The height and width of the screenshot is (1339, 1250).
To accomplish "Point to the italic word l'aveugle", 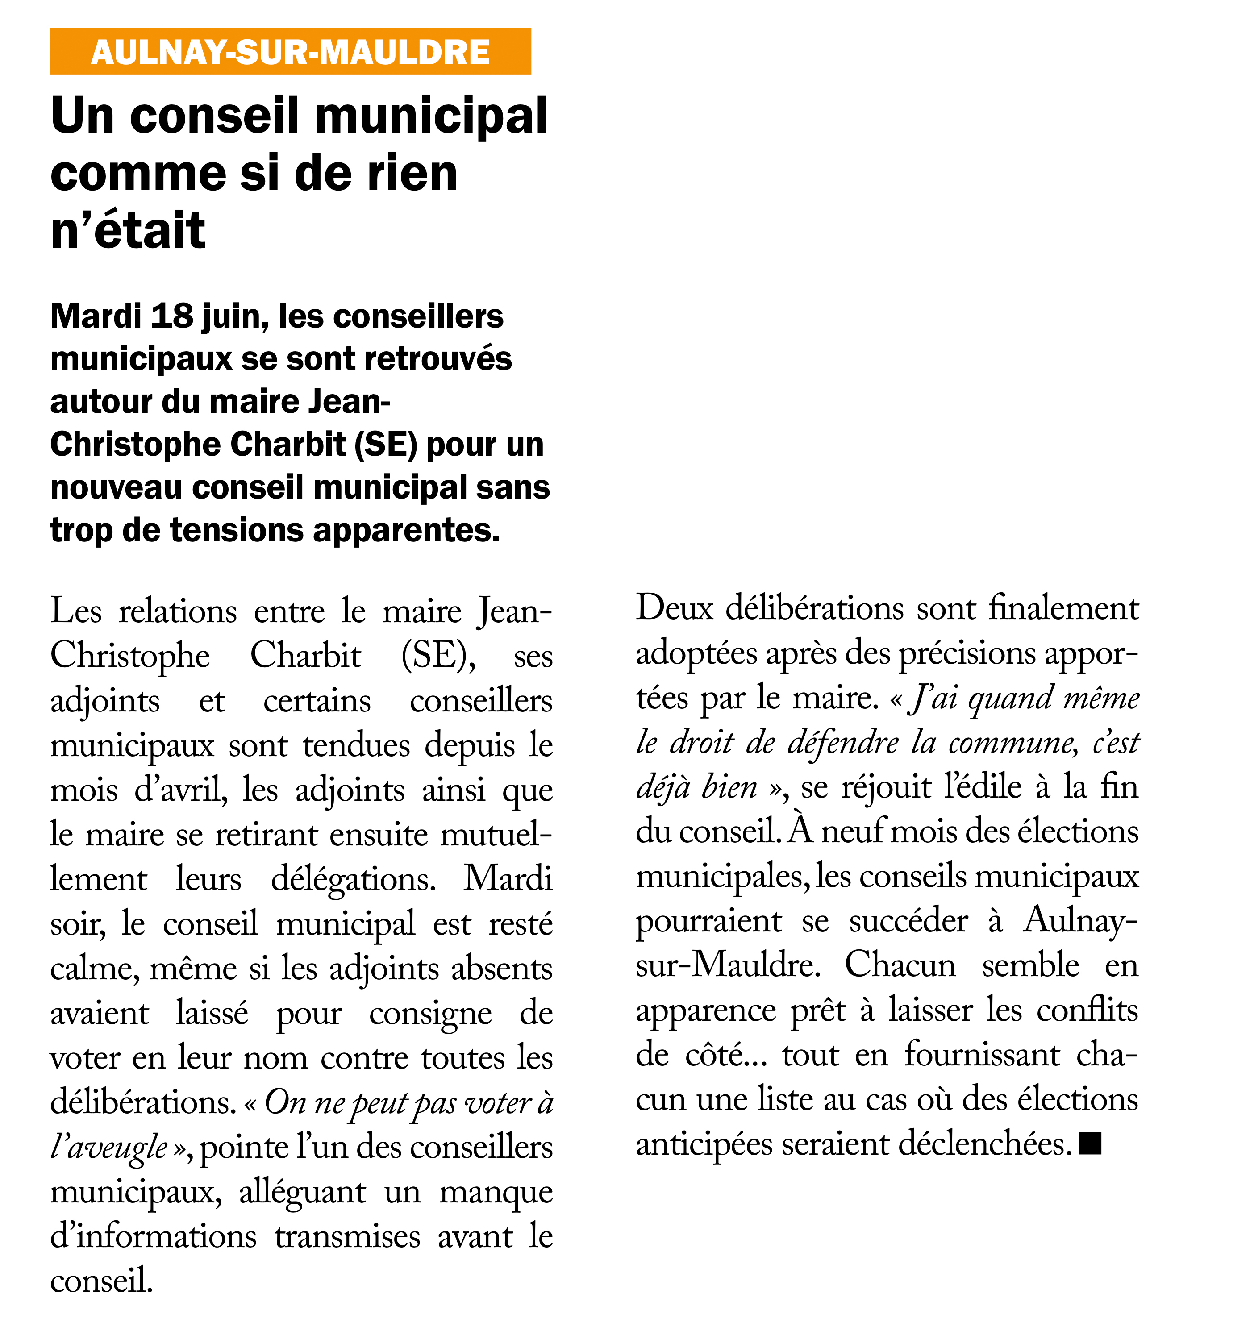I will click(109, 1147).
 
